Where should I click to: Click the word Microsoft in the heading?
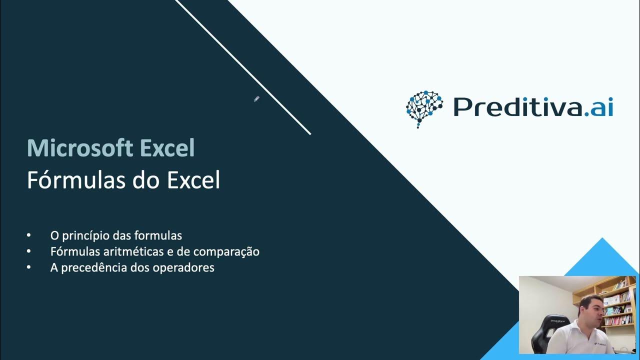click(x=80, y=148)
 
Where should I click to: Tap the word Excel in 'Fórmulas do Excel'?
click(x=193, y=180)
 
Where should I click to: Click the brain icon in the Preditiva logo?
click(x=424, y=108)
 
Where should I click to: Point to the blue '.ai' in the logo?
click(x=598, y=107)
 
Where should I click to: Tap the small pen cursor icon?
click(x=256, y=99)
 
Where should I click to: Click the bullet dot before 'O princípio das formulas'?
click(x=29, y=235)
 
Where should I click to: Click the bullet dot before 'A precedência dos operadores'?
click(x=29, y=267)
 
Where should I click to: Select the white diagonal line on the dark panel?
click(x=243, y=67)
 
